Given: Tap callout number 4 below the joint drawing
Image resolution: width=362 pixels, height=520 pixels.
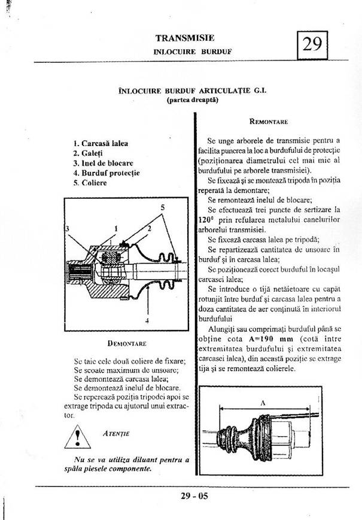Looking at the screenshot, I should (x=146, y=321).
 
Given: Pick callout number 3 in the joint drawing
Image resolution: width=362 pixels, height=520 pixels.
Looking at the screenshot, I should (x=67, y=229).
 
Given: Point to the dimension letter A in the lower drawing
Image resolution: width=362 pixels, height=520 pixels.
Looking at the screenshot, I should (x=263, y=404).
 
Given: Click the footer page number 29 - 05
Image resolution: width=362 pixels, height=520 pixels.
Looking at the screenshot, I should (x=194, y=496).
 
